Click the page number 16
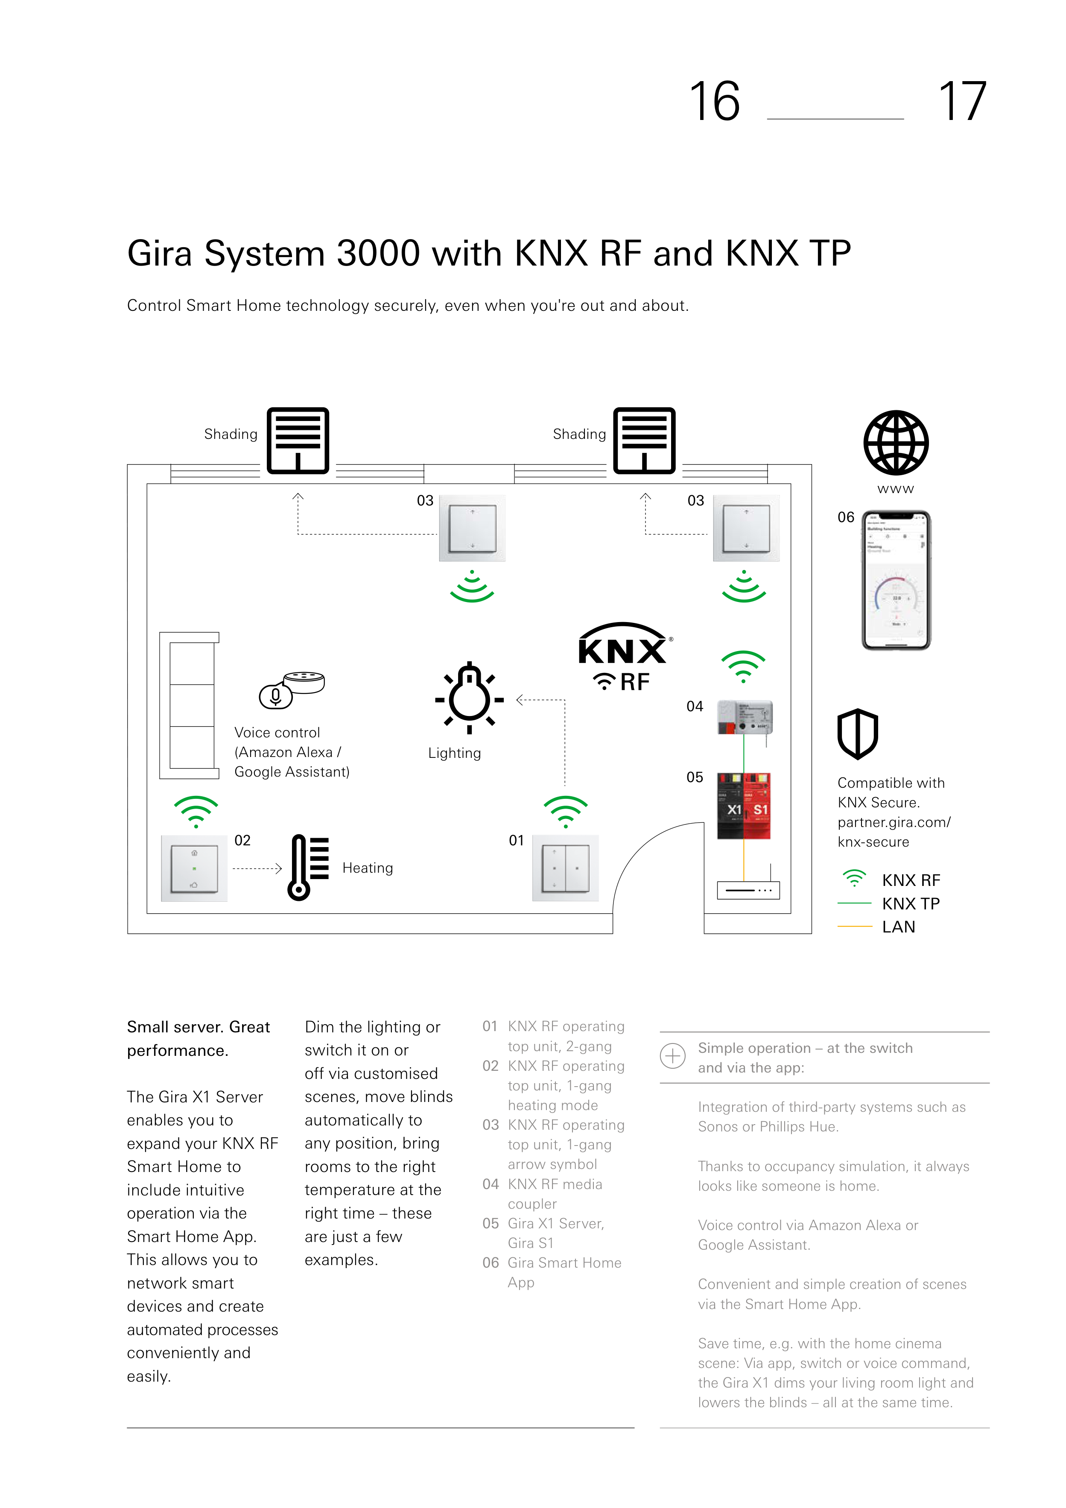[715, 102]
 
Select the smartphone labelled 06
[896, 580]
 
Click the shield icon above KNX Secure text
[857, 734]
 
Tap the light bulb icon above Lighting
[469, 698]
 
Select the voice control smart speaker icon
[292, 688]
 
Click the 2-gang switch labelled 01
[565, 868]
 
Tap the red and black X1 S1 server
[744, 806]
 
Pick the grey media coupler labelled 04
[745, 717]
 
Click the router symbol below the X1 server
[748, 890]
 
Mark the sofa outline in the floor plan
[189, 705]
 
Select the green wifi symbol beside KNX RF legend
[854, 877]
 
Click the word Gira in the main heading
[161, 254]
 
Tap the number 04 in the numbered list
[490, 1184]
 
